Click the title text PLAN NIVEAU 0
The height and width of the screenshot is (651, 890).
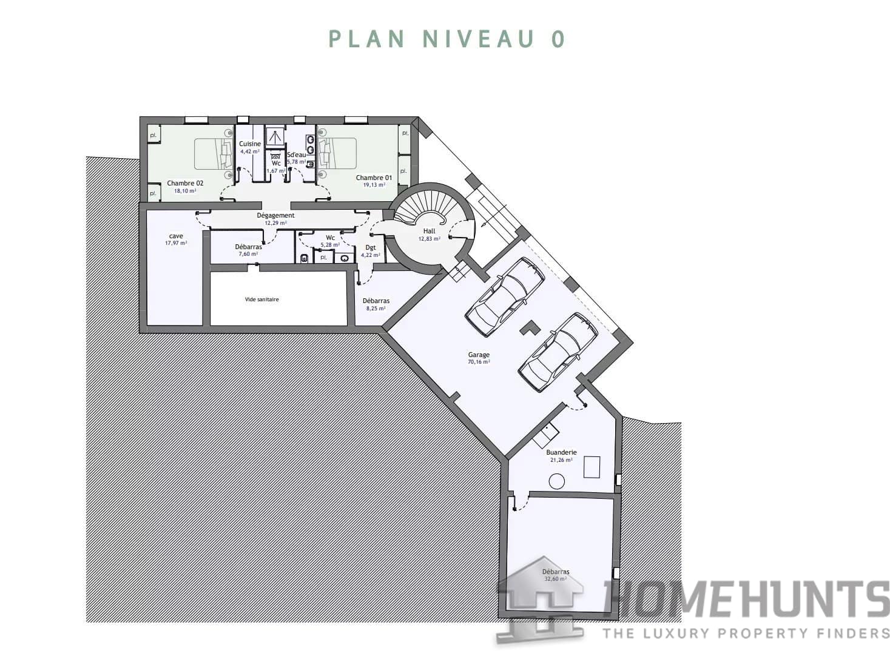click(x=447, y=39)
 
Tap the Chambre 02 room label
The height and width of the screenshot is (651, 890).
click(x=185, y=183)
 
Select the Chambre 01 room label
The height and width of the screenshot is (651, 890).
click(x=374, y=178)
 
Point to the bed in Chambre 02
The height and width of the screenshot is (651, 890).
click(x=213, y=154)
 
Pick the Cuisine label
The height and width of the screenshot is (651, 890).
click(x=250, y=144)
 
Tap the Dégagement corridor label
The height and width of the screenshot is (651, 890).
click(x=275, y=215)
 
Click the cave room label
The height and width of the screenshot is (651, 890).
click(x=176, y=236)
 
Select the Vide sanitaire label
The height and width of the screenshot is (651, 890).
click(x=261, y=299)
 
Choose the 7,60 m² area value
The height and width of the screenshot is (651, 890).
click(x=248, y=254)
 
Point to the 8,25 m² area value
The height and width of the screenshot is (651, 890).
click(x=376, y=308)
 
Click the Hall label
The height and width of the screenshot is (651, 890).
click(x=429, y=231)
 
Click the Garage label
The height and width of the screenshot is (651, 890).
click(x=479, y=355)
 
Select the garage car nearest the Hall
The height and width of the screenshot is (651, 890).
click(x=504, y=297)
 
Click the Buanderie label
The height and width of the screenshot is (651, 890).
click(x=561, y=452)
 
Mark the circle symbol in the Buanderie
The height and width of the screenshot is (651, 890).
click(x=556, y=482)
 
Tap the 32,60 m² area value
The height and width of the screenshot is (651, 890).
click(x=555, y=579)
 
